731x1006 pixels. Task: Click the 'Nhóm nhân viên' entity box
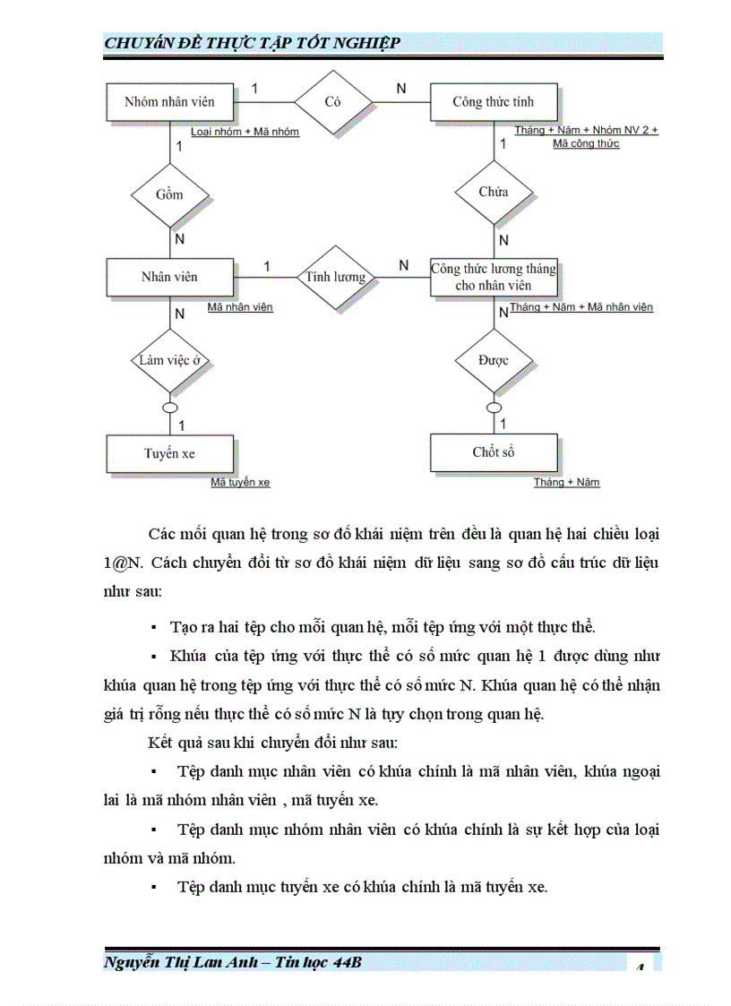pos(169,102)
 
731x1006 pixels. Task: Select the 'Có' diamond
pos(333,102)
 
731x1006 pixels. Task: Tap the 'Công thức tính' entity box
pos(494,102)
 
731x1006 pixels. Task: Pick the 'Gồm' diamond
pos(169,194)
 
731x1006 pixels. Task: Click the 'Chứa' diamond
pos(494,192)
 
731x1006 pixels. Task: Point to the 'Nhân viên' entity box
pos(169,277)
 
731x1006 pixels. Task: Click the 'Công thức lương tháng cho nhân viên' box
pos(494,277)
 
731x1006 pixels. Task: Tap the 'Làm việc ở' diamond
pos(169,360)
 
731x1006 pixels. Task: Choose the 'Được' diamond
pos(494,360)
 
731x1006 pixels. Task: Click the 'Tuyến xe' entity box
pos(169,453)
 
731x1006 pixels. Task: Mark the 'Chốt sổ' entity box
pos(494,452)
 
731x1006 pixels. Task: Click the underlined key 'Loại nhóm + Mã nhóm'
pos(245,132)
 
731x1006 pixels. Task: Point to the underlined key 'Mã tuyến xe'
pos(240,483)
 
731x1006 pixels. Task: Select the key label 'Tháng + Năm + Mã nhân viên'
pos(581,307)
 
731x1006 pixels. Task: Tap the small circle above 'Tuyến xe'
pos(169,407)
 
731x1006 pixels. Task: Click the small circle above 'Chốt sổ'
pos(494,407)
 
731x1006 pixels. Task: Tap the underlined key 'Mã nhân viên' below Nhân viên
pos(240,307)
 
